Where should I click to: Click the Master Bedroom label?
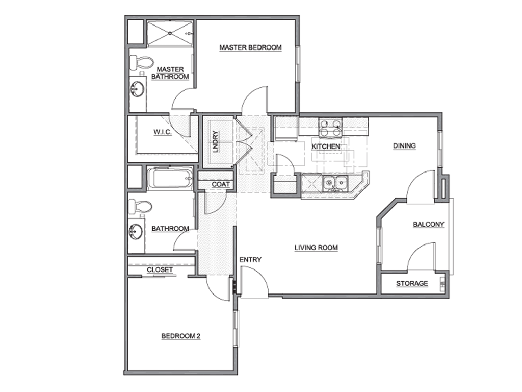[x=250, y=47]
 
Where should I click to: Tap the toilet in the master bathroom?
[x=141, y=63]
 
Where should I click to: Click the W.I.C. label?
[x=162, y=132]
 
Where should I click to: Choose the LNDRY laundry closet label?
[x=216, y=142]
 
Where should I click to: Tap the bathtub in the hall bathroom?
[x=170, y=179]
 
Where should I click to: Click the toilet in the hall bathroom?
[x=141, y=207]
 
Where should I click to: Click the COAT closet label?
[x=221, y=184]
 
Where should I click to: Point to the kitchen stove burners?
[x=330, y=128]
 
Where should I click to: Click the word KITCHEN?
[x=326, y=146]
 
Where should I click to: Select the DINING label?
[x=404, y=145]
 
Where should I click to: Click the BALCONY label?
[x=428, y=224]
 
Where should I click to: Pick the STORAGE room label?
[x=412, y=283]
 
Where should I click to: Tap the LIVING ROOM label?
[x=316, y=248]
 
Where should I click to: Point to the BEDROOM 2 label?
[x=181, y=336]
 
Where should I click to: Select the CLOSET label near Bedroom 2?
[x=160, y=269]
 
